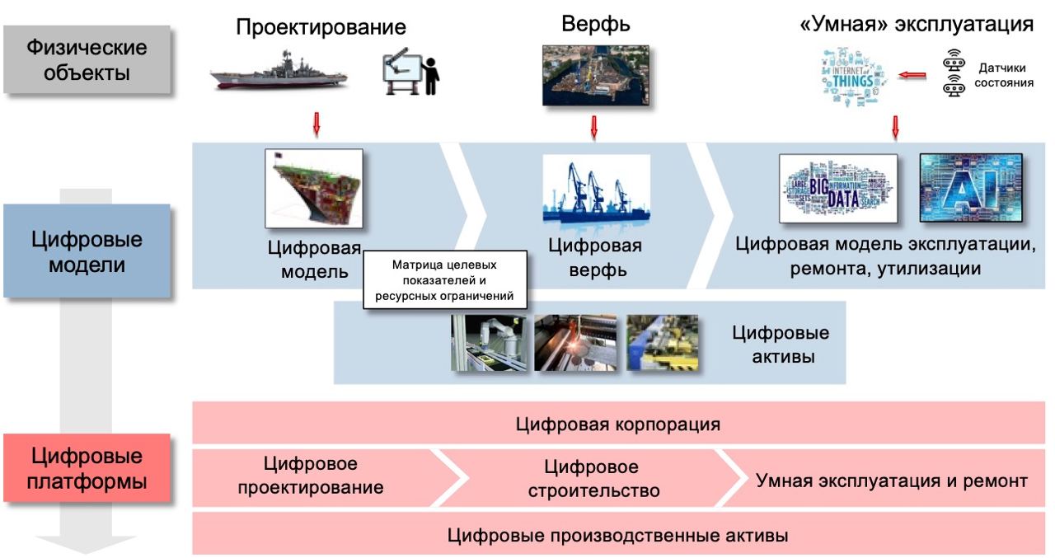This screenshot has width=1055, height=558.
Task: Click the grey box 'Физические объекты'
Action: click(x=87, y=59)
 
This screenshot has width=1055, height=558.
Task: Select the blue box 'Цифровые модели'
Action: click(x=87, y=251)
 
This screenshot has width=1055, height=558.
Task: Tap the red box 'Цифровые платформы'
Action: click(x=87, y=468)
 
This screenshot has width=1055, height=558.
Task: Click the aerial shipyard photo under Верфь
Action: click(x=595, y=75)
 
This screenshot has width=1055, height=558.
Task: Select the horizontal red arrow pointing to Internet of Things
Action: click(x=912, y=76)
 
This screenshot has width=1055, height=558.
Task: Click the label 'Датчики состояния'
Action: click(x=1004, y=75)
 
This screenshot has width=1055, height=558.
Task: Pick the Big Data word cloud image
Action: click(x=837, y=188)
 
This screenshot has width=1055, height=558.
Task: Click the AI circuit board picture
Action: click(x=970, y=187)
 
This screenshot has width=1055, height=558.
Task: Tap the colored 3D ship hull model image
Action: click(x=313, y=188)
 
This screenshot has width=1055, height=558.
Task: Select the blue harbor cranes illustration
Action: click(x=596, y=190)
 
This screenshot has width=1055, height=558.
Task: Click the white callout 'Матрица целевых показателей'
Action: click(x=445, y=279)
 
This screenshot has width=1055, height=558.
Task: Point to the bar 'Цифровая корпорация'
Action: click(x=618, y=424)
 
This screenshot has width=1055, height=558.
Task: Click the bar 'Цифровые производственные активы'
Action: click(x=618, y=535)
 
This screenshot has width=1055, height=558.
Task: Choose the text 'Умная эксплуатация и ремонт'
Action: click(x=892, y=480)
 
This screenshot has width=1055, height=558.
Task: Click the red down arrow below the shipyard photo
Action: click(x=593, y=127)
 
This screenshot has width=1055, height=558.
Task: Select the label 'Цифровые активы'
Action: click(x=780, y=345)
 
